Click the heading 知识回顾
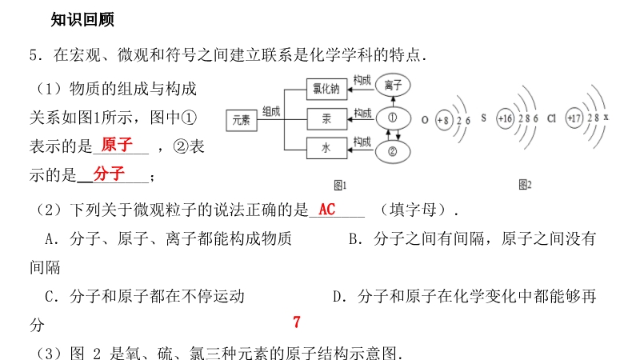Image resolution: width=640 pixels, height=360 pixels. pyautogui.click(x=82, y=19)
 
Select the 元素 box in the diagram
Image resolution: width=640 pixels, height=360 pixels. pyautogui.click(x=242, y=121)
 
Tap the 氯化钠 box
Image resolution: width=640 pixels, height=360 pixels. pyautogui.click(x=326, y=89)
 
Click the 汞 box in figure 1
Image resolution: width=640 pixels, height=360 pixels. pyautogui.click(x=326, y=118)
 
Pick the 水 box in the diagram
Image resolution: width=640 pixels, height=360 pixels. pyautogui.click(x=326, y=148)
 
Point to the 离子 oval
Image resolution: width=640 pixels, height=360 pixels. pyautogui.click(x=393, y=85)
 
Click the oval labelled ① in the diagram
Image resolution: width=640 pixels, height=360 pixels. pyautogui.click(x=393, y=118)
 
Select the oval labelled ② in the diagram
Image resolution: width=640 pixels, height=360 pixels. pyautogui.click(x=393, y=151)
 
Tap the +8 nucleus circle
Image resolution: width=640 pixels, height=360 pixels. pyautogui.click(x=443, y=120)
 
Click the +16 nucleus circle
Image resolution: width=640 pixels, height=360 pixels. pyautogui.click(x=505, y=118)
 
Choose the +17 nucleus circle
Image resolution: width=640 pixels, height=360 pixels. pyautogui.click(x=574, y=118)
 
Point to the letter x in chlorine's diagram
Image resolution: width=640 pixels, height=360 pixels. pyautogui.click(x=606, y=117)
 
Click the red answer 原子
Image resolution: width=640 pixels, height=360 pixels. pyautogui.click(x=117, y=145)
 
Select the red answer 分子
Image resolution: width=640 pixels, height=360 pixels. pyautogui.click(x=109, y=174)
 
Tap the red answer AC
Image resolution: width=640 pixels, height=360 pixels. pyautogui.click(x=327, y=210)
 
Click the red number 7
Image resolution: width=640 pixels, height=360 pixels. pyautogui.click(x=297, y=322)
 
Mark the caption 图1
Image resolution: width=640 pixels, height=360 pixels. pyautogui.click(x=340, y=186)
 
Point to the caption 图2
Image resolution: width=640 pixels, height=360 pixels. pyautogui.click(x=526, y=185)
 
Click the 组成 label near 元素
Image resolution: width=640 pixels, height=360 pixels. pyautogui.click(x=271, y=111)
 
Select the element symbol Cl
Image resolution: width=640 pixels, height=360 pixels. pyautogui.click(x=551, y=118)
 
